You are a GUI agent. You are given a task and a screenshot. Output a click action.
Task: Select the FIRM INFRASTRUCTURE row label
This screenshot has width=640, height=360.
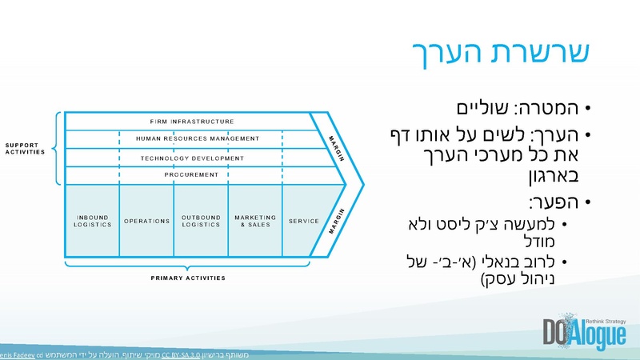[192, 122]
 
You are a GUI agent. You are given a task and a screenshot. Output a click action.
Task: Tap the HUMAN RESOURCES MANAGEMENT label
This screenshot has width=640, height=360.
[198, 139]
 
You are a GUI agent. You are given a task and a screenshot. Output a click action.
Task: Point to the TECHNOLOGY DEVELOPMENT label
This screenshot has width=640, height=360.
[192, 158]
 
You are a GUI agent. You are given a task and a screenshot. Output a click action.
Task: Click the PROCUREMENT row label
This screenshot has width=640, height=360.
[192, 174]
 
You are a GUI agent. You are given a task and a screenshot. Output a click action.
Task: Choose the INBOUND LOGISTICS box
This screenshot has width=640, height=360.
[92, 221]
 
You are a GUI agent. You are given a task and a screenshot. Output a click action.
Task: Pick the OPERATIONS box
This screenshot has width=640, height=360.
[146, 221]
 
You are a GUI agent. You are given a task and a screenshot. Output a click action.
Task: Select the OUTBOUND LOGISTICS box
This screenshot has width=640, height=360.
[201, 221]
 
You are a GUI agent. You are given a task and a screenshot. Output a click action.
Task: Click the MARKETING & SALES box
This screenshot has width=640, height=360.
[255, 221]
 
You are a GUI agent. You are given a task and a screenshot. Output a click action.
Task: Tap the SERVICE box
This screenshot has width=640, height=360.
[304, 221]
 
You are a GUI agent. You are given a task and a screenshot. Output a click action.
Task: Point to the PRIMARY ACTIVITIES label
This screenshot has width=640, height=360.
[188, 278]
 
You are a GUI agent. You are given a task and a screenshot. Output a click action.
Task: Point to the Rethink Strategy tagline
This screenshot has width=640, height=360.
[605, 319]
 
